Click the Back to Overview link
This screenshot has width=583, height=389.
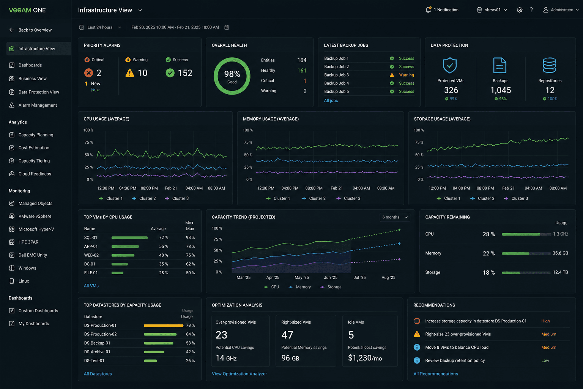click(30, 30)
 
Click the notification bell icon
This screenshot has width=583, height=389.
click(428, 9)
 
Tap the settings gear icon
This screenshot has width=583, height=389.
click(520, 9)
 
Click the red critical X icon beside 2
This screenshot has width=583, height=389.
click(88, 73)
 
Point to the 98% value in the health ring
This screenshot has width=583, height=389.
click(232, 74)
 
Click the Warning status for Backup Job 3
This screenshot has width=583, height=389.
click(406, 75)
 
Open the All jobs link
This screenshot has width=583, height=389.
click(331, 101)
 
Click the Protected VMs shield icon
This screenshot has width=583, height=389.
click(450, 65)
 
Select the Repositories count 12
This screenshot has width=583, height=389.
click(550, 90)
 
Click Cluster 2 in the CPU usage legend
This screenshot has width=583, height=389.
click(144, 198)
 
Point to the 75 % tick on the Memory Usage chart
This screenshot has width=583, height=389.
click(248, 142)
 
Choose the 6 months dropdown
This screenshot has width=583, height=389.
click(395, 217)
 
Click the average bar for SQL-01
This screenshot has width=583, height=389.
click(129, 238)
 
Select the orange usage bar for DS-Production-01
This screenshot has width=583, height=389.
click(164, 326)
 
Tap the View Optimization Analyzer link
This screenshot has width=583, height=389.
click(239, 374)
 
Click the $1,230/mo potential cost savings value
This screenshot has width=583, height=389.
click(365, 358)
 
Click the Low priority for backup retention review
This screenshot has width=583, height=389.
click(545, 361)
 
